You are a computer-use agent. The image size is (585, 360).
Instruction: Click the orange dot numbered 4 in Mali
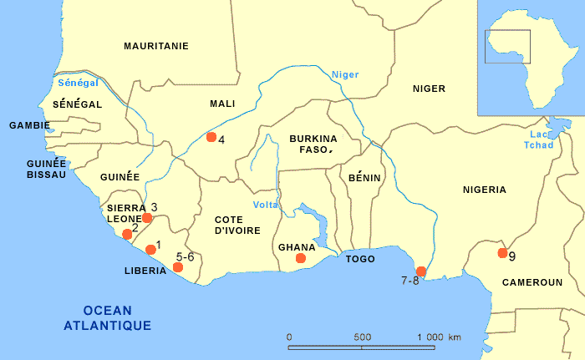tap(211, 137)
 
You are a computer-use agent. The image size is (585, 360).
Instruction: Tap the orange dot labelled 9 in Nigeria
tap(503, 253)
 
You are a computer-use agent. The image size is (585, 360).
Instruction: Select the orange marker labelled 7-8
tap(421, 271)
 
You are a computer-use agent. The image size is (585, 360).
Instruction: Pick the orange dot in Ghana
tap(301, 258)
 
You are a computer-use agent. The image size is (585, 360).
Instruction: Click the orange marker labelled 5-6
tap(177, 267)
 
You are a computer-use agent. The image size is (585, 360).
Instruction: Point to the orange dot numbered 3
tap(147, 218)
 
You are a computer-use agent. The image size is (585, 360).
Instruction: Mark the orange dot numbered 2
tap(127, 234)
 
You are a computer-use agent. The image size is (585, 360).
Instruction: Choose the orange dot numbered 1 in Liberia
tap(150, 249)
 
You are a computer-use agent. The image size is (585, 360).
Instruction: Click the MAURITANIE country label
tap(156, 47)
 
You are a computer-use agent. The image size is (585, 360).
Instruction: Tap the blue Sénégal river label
tap(79, 83)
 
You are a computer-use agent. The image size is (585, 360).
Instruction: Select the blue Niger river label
tap(344, 74)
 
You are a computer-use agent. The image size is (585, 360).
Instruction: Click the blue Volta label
tap(266, 205)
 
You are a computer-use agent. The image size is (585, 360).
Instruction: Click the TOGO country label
tap(359, 260)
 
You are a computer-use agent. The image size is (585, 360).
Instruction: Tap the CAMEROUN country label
tap(532, 282)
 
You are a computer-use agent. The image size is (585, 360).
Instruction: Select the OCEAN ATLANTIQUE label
tap(107, 317)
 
